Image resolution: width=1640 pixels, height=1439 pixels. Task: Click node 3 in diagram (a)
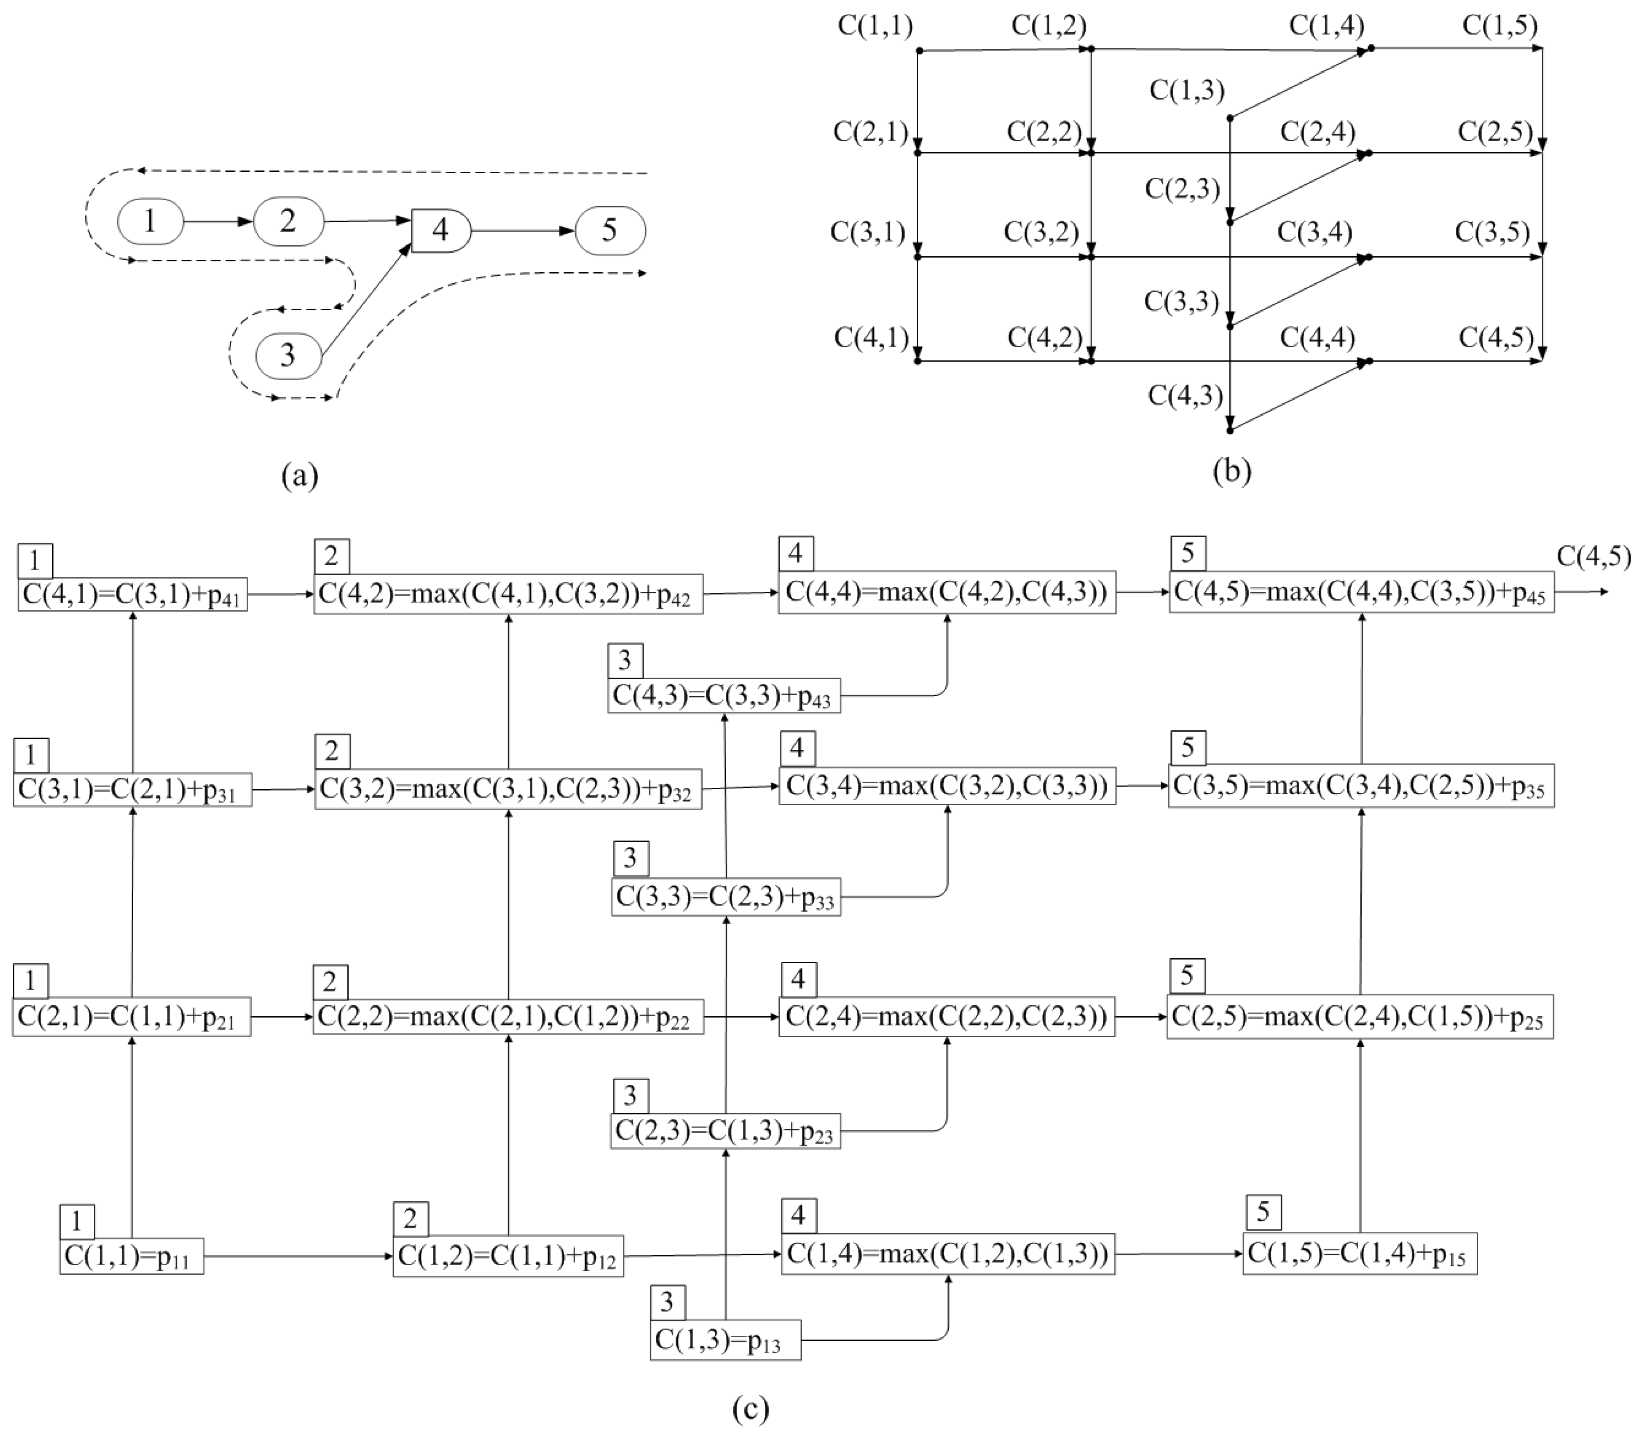coord(288,355)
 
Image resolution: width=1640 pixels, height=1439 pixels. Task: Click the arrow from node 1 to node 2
coord(218,221)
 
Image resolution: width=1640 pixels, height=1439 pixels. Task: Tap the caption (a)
coord(300,476)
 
